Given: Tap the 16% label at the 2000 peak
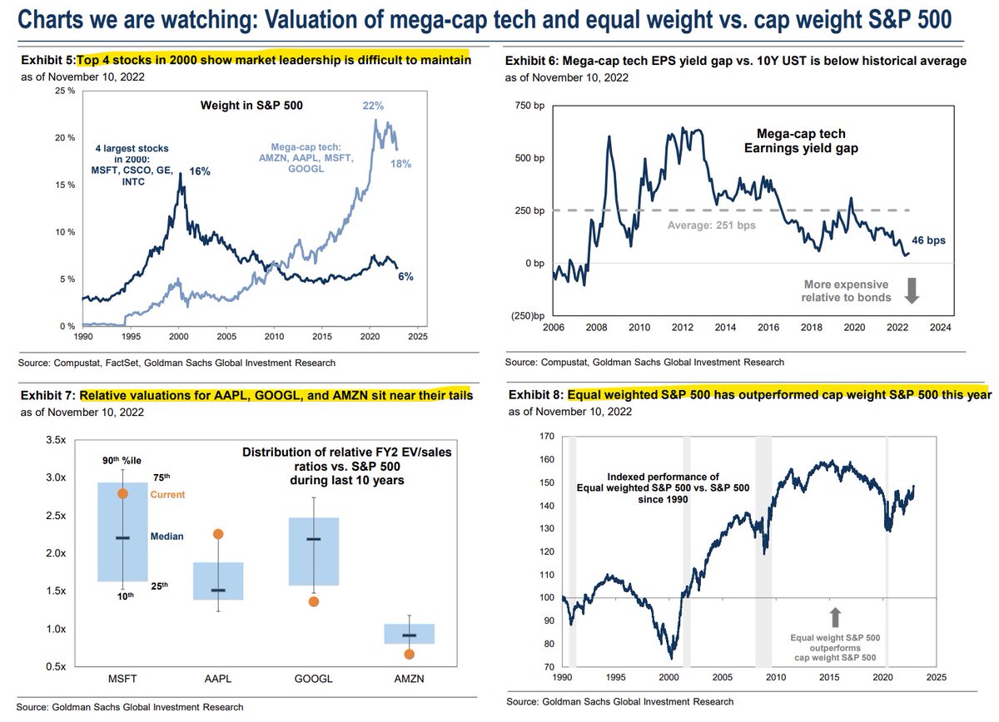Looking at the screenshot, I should tap(199, 171).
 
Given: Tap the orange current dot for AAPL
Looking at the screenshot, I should tap(217, 534).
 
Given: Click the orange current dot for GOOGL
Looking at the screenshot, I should tap(313, 601).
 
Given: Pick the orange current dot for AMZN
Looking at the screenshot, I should tap(409, 654).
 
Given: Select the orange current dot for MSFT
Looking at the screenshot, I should tap(122, 494).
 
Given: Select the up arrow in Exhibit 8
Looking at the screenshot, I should tap(836, 616).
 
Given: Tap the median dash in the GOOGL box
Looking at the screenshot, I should tap(313, 539).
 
